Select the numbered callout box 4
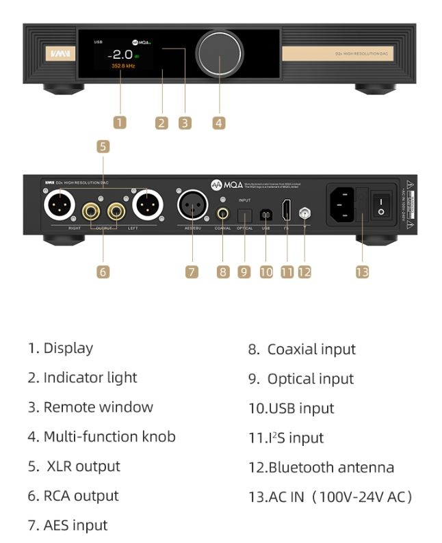218,123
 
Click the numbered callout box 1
120,123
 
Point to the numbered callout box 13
362,271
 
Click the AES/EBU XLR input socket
193,204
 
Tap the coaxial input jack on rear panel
222,213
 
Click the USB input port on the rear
266,213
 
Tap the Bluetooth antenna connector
304,213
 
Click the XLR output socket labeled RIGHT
59,204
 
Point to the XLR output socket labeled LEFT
146,204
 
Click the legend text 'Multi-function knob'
109,436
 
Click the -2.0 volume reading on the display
122,54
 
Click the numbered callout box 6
103,271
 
